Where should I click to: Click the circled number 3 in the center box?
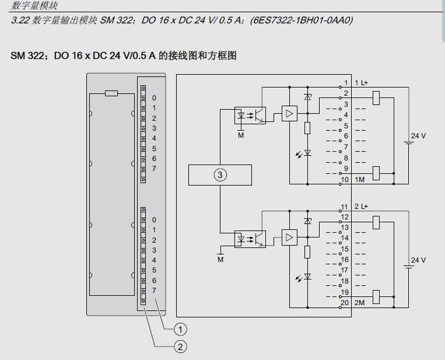(x=220, y=175)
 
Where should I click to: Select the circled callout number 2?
(x=181, y=347)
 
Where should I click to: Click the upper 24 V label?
(x=418, y=136)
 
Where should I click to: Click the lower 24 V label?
(x=418, y=260)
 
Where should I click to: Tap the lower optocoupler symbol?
(x=250, y=238)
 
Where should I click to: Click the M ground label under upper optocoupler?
(x=240, y=135)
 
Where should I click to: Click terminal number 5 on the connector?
(x=346, y=126)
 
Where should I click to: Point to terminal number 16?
(x=345, y=260)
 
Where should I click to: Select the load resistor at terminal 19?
(x=376, y=296)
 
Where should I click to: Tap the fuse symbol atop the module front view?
(x=111, y=93)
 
